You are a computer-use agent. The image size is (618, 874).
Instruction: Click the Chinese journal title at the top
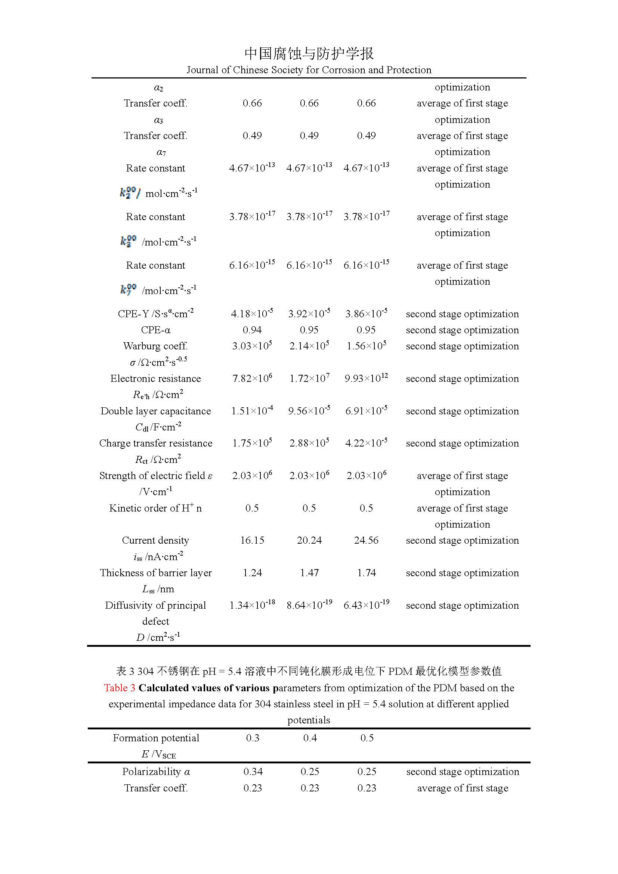click(x=309, y=54)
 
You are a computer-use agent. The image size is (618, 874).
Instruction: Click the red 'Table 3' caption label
click(x=120, y=688)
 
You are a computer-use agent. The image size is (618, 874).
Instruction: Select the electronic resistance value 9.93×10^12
click(x=366, y=379)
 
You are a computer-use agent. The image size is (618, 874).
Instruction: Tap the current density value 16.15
click(x=252, y=540)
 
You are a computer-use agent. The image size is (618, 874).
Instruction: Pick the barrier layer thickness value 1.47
click(x=309, y=572)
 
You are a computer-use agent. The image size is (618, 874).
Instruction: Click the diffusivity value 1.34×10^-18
click(x=252, y=605)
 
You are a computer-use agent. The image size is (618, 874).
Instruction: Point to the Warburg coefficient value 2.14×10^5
click(x=309, y=346)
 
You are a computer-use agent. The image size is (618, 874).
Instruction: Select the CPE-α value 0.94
click(x=252, y=330)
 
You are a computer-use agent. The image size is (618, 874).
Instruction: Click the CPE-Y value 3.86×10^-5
click(x=366, y=314)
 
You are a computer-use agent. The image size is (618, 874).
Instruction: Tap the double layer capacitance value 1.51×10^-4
click(x=252, y=411)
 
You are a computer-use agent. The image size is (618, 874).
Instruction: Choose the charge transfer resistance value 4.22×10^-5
click(x=366, y=443)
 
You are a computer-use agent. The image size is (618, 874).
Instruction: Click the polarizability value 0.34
click(x=253, y=772)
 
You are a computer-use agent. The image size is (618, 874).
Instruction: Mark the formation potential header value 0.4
click(x=310, y=738)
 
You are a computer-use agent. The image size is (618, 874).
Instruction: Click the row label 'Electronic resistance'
click(x=156, y=379)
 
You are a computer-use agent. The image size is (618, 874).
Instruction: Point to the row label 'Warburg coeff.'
click(x=156, y=346)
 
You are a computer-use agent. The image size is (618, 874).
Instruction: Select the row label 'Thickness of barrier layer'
click(x=156, y=572)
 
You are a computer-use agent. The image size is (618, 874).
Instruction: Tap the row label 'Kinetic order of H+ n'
click(x=156, y=508)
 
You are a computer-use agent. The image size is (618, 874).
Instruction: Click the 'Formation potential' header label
click(x=156, y=738)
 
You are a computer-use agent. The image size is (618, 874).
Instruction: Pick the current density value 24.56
click(x=366, y=540)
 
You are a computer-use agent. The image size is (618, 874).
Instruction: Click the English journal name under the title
click(x=309, y=70)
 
